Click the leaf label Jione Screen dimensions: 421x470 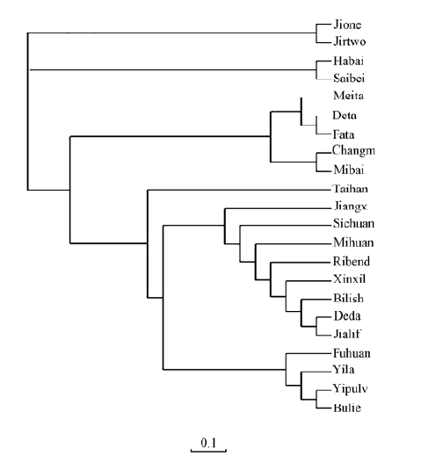click(x=347, y=25)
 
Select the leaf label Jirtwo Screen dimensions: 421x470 click(x=349, y=41)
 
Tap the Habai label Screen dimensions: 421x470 click(x=348, y=61)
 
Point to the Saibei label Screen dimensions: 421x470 click(x=349, y=78)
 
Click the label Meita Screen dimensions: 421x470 click(x=348, y=96)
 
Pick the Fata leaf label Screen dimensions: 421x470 click(x=344, y=134)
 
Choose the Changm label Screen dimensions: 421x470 click(x=353, y=150)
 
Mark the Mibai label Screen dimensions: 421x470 click(x=349, y=170)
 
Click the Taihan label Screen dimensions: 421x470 click(x=350, y=189)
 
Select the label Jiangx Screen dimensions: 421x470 click(x=350, y=206)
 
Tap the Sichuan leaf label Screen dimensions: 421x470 click(x=354, y=224)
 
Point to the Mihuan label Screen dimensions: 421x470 click(x=353, y=242)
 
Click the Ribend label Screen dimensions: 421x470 click(x=352, y=262)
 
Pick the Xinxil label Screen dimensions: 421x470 click(x=350, y=279)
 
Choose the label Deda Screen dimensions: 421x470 click(x=347, y=316)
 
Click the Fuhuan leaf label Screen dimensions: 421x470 click(x=352, y=353)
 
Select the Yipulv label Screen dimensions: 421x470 click(x=350, y=389)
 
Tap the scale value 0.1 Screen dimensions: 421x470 click(x=208, y=443)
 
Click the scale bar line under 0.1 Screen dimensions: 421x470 click(x=208, y=451)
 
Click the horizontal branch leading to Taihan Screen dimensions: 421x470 click(x=239, y=190)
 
